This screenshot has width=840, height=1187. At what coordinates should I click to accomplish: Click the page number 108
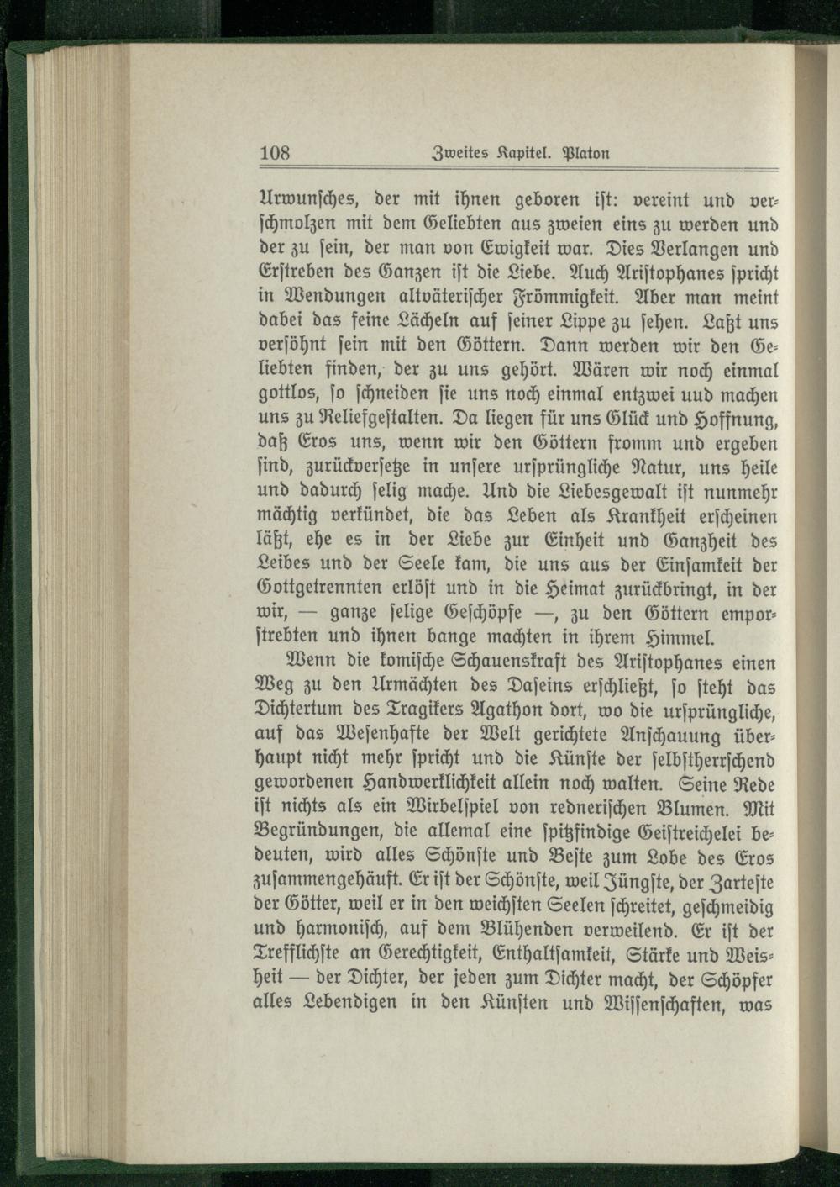[275, 153]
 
